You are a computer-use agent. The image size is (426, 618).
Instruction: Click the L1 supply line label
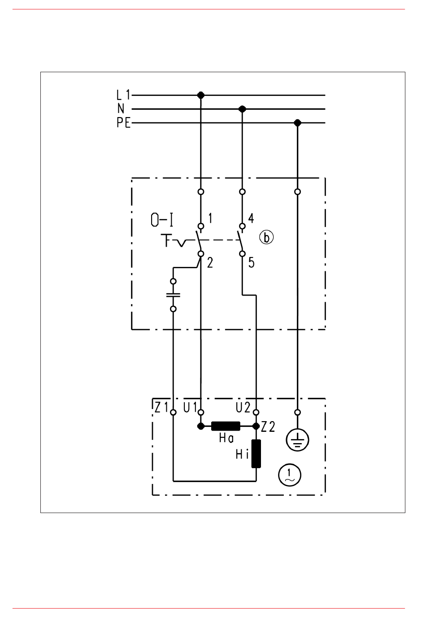coord(123,95)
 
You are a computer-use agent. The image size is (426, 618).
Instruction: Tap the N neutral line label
coord(121,109)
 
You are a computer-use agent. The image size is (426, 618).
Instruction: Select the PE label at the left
coord(123,122)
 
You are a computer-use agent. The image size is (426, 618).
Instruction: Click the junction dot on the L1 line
coord(201,95)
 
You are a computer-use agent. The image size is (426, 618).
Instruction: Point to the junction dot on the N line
coord(242,109)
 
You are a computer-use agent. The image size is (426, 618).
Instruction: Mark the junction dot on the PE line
coord(297,123)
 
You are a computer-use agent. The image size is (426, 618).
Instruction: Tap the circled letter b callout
coord(266,238)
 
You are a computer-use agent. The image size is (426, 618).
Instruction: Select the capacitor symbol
coord(173,295)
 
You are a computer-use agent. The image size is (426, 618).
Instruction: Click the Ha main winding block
coord(226,426)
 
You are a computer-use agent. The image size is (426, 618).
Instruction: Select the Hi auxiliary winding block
coord(256,454)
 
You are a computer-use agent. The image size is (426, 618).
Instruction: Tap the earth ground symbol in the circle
coord(297,440)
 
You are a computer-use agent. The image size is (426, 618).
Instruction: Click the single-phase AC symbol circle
coord(289,475)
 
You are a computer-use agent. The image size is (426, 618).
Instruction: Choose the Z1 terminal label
coord(161,408)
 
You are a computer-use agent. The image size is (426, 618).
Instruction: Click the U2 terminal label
coord(243,408)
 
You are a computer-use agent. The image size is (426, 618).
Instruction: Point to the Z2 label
coord(268,427)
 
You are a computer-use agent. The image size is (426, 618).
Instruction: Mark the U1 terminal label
coord(191,408)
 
